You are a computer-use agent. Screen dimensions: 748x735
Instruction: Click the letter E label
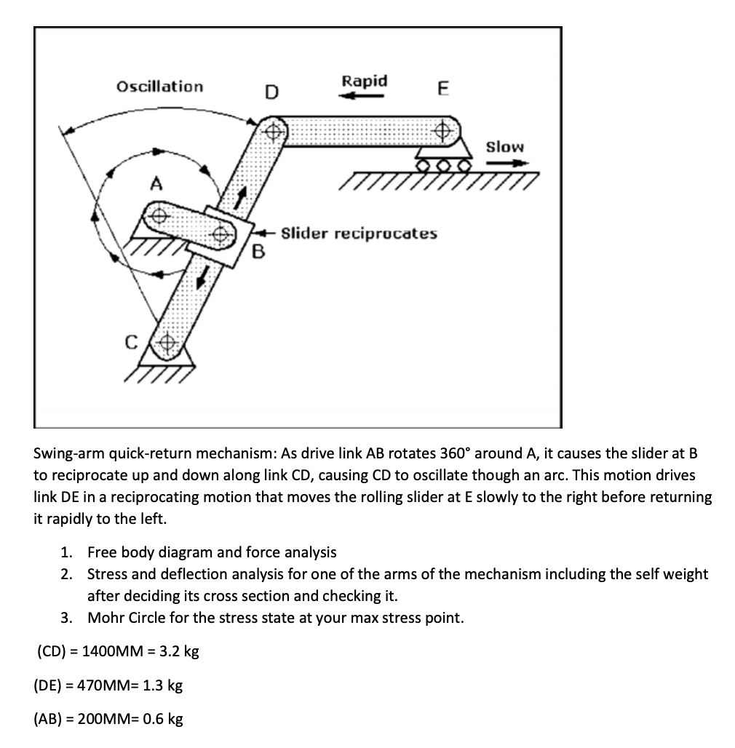tap(442, 88)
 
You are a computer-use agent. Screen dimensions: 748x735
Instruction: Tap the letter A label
tap(155, 186)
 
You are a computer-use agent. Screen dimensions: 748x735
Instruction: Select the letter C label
tap(132, 341)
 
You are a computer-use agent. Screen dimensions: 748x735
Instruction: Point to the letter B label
tap(257, 253)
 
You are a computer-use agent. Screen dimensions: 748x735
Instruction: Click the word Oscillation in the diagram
tap(160, 87)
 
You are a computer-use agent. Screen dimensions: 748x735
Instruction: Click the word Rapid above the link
tap(365, 80)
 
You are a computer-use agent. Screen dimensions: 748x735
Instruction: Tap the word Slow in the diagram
tap(504, 146)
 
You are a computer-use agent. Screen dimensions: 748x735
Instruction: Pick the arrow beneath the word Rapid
tap(364, 95)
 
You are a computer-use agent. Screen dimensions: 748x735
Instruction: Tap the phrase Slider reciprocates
tap(359, 234)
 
